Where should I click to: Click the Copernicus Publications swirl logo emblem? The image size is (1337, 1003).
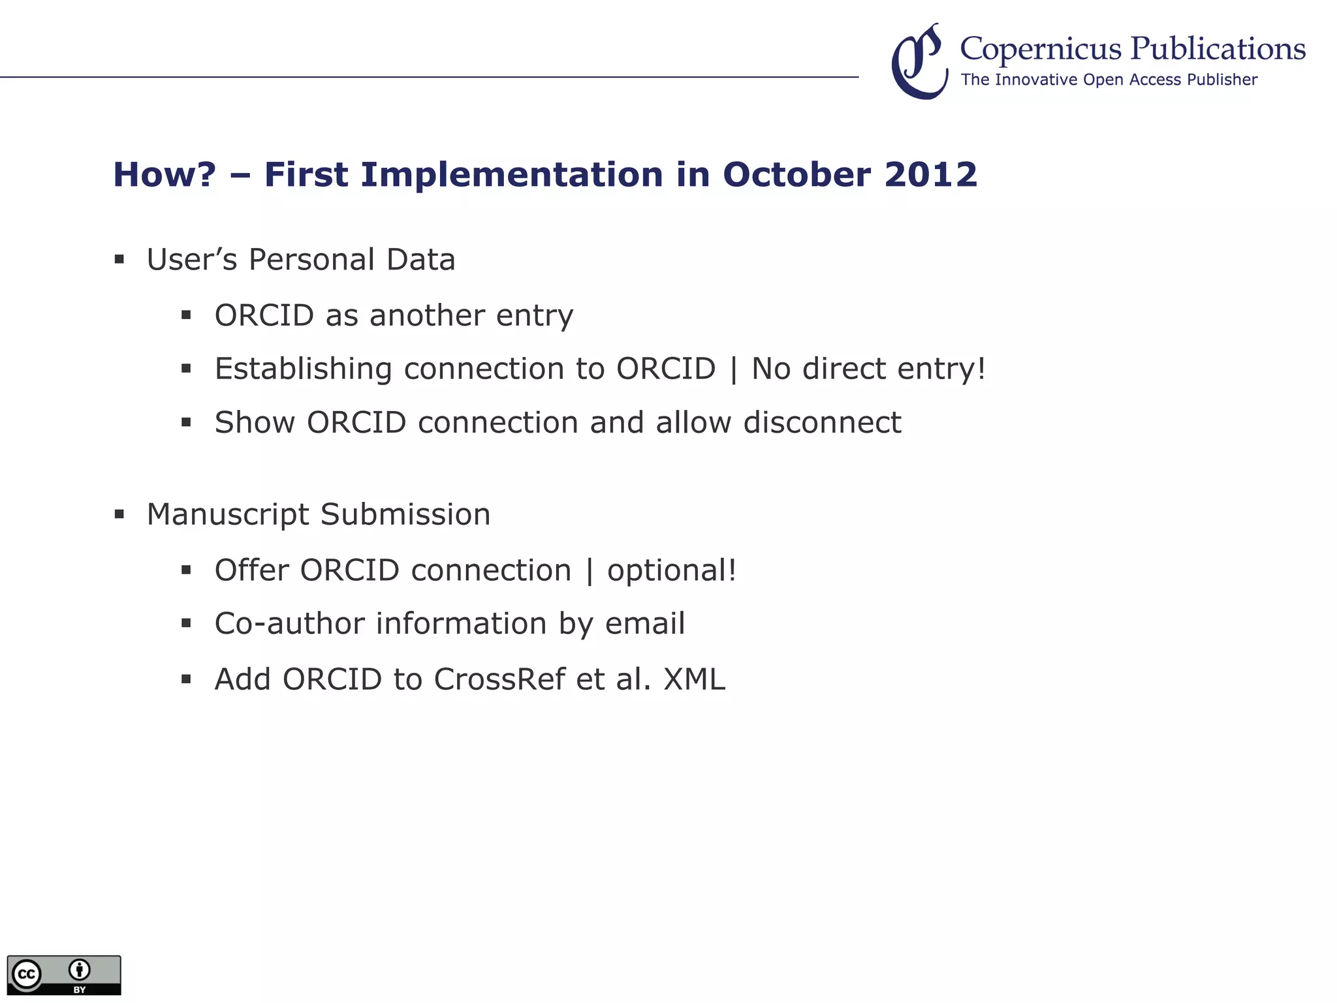(919, 62)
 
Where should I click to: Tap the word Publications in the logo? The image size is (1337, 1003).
(1218, 48)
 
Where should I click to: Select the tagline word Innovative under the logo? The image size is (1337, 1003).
(1036, 80)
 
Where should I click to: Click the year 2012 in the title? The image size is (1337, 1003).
(931, 175)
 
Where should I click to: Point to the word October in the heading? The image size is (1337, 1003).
(796, 175)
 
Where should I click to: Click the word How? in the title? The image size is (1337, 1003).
(165, 175)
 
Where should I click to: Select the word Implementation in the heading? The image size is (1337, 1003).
(512, 175)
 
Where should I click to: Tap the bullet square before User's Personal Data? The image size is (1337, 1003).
(119, 260)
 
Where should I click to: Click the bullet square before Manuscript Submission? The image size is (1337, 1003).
(119, 514)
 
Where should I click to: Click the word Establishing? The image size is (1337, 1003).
(304, 369)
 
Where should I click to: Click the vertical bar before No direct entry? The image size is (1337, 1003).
(734, 369)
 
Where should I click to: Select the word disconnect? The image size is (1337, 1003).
(823, 422)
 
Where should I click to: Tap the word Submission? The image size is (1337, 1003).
(405, 514)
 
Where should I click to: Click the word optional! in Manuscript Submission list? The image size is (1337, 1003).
(672, 571)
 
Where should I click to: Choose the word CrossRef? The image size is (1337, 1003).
(499, 679)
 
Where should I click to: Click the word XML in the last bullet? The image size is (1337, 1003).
(695, 679)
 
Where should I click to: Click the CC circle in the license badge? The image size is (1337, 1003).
(27, 974)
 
